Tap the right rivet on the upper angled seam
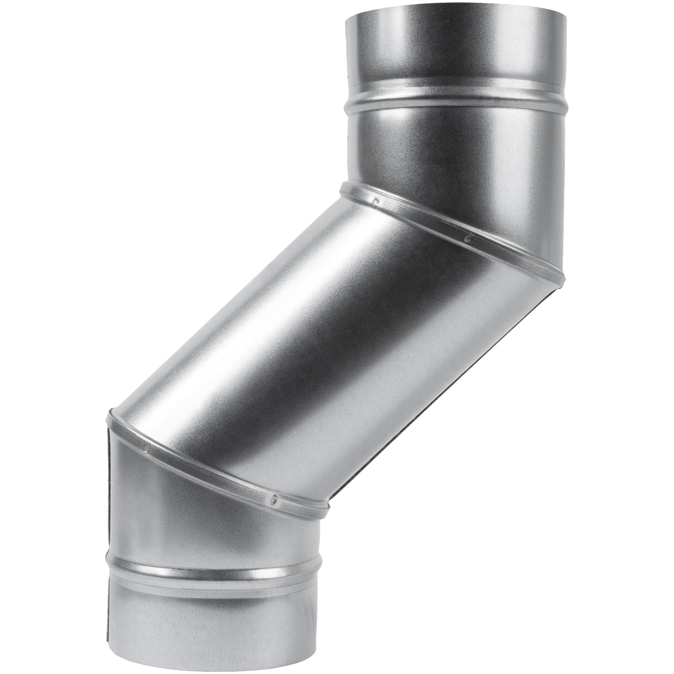click(x=467, y=239)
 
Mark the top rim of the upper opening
click(x=455, y=12)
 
